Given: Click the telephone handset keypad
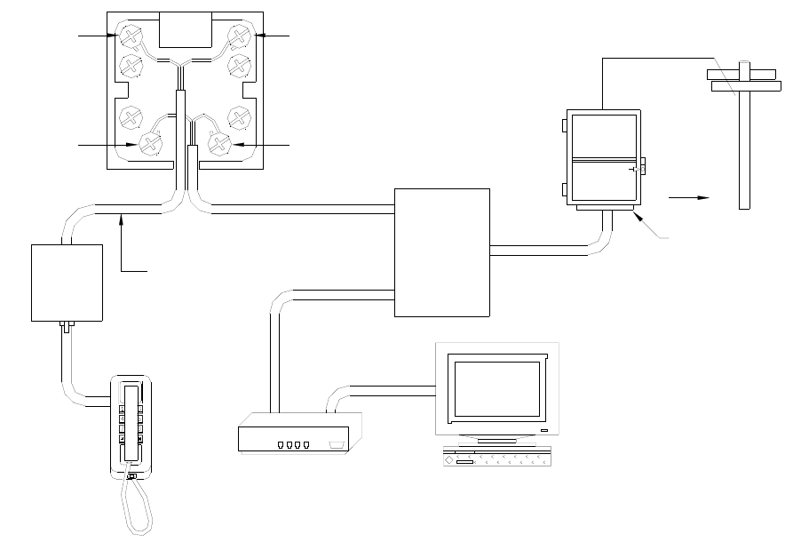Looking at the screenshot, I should click(x=131, y=418).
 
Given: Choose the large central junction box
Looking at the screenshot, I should click(x=441, y=251).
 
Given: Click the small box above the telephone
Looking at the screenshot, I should click(x=67, y=282).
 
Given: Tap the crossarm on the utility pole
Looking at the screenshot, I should click(x=744, y=85).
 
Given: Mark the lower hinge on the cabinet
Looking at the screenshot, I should click(x=564, y=188).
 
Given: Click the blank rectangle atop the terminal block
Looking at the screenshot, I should click(x=184, y=30).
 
